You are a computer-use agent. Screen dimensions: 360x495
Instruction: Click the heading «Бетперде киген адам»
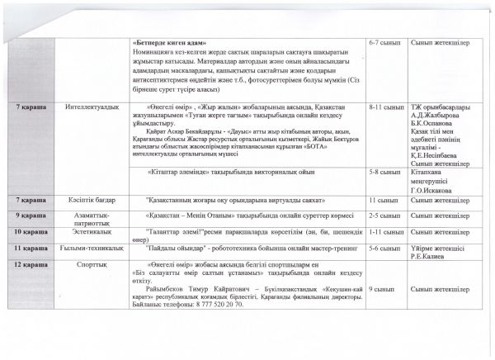(x=170, y=42)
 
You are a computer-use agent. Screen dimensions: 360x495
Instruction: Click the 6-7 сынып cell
(x=384, y=42)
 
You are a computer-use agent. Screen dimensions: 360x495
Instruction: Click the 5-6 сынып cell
(x=384, y=249)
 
